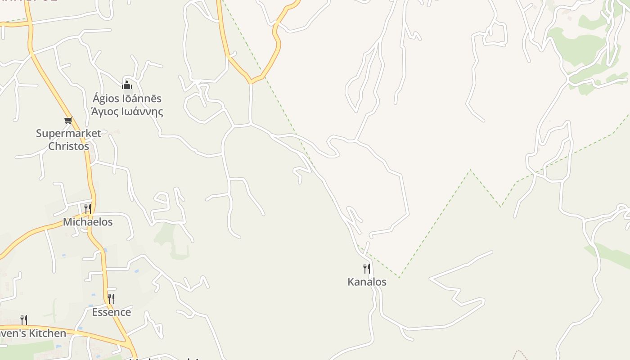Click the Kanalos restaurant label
[x=367, y=282]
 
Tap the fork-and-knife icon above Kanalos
[x=367, y=269]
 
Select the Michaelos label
[x=88, y=222]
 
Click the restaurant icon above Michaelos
[x=88, y=208]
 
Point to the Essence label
[x=112, y=312]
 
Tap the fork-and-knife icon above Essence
[x=111, y=298]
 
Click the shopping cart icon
[x=68, y=120]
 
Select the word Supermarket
[x=68, y=133]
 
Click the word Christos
[x=68, y=146]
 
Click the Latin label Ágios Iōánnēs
[x=127, y=98]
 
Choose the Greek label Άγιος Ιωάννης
[x=127, y=111]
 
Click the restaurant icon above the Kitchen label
[x=24, y=320]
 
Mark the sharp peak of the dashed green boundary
[x=470, y=170]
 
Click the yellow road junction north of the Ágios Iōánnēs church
[x=250, y=82]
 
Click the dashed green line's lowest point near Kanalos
[x=399, y=277]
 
